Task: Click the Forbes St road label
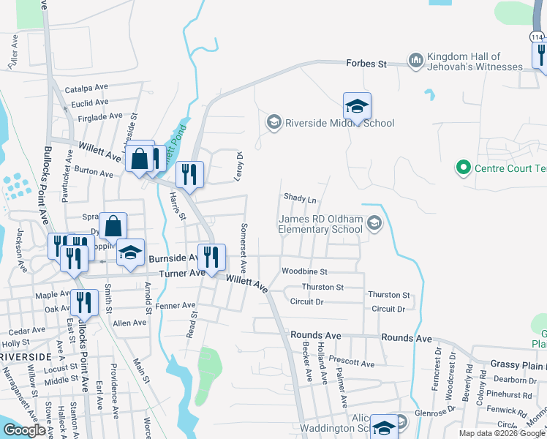[x=366, y=64]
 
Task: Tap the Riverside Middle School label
[x=340, y=123]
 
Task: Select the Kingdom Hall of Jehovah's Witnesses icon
[x=416, y=60]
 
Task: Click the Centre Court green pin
[x=462, y=168]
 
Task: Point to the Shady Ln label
[x=300, y=199]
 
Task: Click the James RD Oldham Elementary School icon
[x=374, y=223]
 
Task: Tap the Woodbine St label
[x=304, y=271]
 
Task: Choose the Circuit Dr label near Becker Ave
[x=306, y=301]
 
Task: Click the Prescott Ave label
[x=352, y=363]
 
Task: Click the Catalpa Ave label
[x=86, y=89]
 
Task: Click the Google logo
[x=24, y=430]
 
